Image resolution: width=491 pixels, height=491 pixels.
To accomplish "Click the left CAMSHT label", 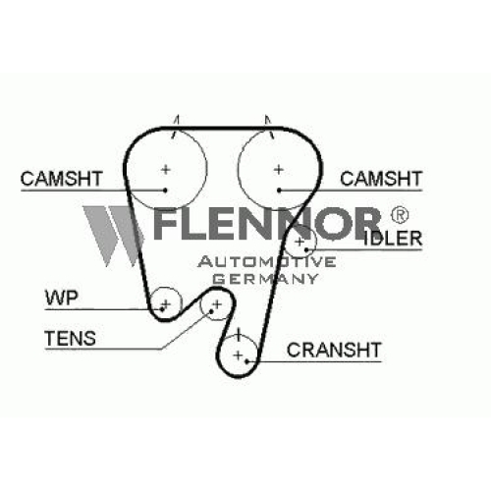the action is (x=62, y=179).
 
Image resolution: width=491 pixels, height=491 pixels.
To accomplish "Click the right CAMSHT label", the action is (x=381, y=179).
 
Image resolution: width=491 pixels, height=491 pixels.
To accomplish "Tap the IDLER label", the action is (x=393, y=239).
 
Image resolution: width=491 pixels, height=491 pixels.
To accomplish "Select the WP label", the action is (x=62, y=298).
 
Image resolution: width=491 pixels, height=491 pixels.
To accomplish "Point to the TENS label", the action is (x=70, y=338).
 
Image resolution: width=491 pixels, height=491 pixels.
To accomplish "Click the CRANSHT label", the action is (x=334, y=350).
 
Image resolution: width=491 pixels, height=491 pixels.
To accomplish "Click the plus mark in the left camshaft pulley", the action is (x=166, y=170).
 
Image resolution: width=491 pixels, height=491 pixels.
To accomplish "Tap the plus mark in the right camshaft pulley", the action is (x=279, y=170).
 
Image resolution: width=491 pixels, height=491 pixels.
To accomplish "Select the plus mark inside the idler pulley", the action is (x=300, y=242).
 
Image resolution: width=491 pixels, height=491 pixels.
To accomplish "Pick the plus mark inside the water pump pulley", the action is (x=166, y=304).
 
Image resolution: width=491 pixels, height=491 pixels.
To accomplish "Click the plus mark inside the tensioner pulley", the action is (x=217, y=304).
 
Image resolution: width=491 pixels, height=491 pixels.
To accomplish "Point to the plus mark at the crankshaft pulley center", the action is (x=239, y=355).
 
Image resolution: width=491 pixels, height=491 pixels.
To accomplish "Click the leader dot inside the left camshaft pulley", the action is (x=165, y=191).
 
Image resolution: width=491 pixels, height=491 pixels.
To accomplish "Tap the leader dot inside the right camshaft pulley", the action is (x=279, y=191).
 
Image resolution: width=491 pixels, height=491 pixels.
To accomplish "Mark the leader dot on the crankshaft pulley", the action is (x=247, y=361).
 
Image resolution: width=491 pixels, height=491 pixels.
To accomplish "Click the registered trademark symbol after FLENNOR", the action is (x=400, y=215).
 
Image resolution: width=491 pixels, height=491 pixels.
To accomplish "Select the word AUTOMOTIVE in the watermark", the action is (x=267, y=261).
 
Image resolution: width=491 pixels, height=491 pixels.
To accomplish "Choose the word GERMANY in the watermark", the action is (x=265, y=279).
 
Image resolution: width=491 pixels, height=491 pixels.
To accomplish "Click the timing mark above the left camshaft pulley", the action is (x=175, y=127).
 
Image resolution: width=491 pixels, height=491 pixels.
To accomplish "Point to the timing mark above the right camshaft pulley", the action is (x=269, y=127).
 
